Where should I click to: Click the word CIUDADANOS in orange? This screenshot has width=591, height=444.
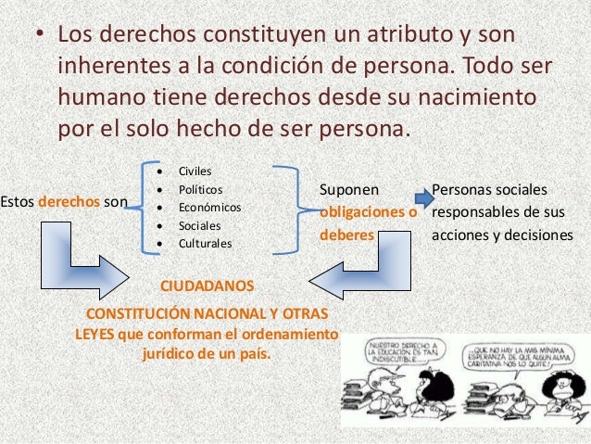(207, 286)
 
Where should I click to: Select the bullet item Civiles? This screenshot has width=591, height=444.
(195, 171)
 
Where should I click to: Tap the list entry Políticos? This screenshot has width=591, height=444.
(201, 189)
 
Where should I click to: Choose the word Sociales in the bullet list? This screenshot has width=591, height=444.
(199, 225)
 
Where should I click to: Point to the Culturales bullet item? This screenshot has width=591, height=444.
(206, 244)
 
